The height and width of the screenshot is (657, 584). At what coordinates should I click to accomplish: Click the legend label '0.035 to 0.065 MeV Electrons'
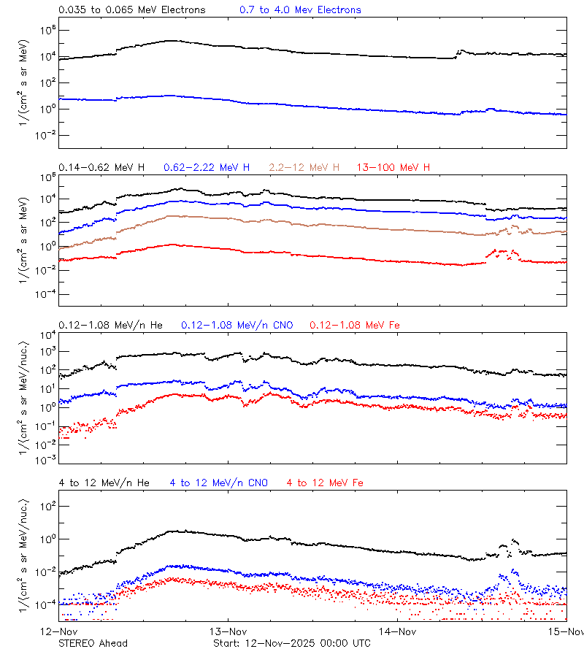(131, 10)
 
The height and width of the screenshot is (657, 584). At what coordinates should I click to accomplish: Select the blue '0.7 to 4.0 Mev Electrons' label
(300, 10)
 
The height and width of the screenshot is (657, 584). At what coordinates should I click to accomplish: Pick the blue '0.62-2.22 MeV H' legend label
(207, 168)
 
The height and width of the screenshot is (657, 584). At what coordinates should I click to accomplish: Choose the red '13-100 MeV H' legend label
(393, 168)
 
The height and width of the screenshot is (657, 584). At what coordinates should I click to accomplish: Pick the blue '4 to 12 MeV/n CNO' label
(218, 483)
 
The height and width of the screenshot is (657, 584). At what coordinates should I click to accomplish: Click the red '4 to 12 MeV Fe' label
(325, 483)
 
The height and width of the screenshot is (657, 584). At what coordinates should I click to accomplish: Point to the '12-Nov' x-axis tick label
(59, 631)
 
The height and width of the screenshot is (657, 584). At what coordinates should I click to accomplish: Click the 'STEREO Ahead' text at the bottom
(93, 643)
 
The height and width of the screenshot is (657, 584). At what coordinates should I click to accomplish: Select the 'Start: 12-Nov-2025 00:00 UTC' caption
(291, 643)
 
